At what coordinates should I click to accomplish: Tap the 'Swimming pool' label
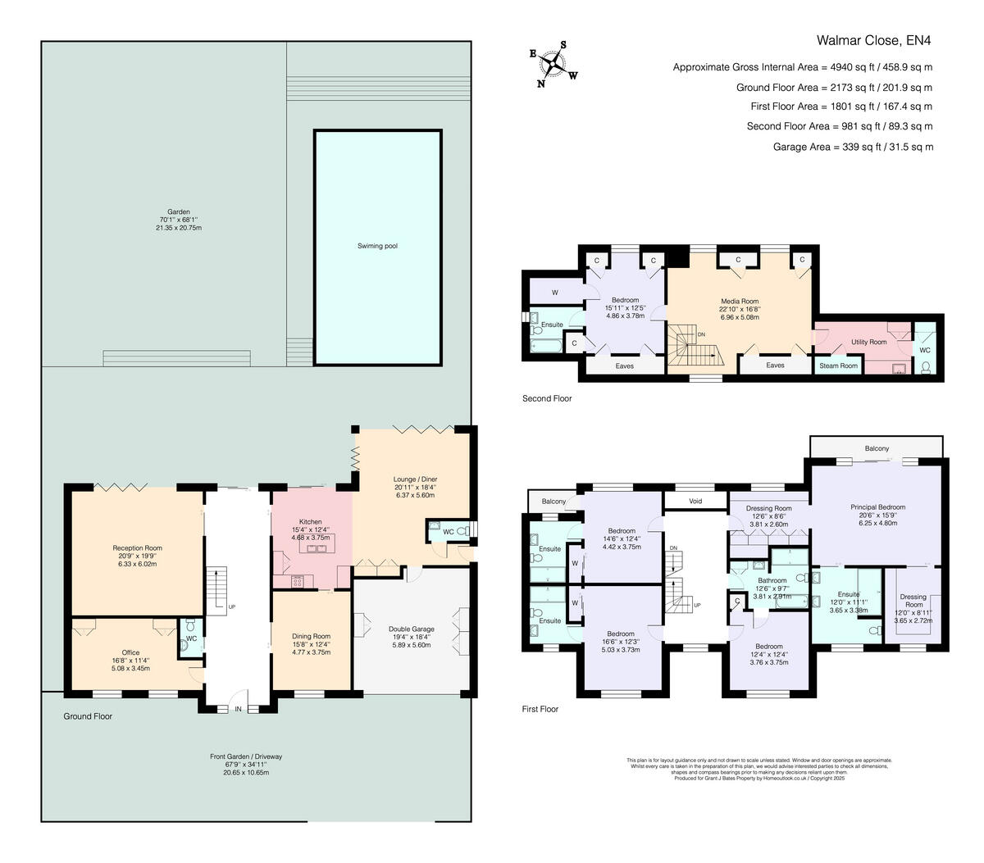point(377,246)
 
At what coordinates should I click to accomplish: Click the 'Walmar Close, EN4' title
point(874,39)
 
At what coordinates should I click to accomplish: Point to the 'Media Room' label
point(739,301)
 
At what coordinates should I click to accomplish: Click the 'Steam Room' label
point(838,366)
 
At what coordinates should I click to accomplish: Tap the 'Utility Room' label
point(868,342)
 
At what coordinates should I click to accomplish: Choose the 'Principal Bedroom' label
point(877,506)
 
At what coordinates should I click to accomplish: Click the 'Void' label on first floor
point(695,500)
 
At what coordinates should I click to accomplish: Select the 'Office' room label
point(130,652)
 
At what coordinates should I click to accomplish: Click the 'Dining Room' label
point(311,636)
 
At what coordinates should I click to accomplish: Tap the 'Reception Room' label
point(137,547)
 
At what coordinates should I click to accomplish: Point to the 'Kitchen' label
point(310,521)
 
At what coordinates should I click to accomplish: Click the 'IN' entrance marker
point(239,709)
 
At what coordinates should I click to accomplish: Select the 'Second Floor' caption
point(547,398)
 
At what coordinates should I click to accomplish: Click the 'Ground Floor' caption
point(88,716)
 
